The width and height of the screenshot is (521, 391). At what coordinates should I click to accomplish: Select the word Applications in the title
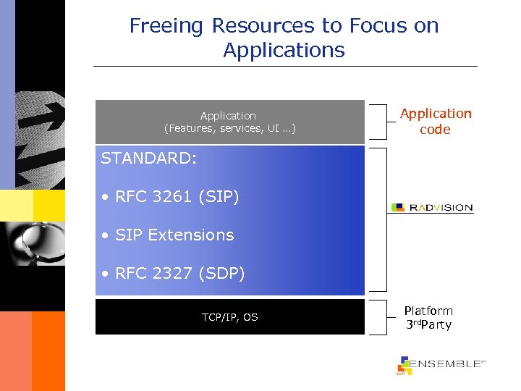(x=284, y=51)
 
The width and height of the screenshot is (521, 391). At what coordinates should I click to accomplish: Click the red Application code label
(x=436, y=122)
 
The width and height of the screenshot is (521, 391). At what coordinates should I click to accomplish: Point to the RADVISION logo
(x=432, y=208)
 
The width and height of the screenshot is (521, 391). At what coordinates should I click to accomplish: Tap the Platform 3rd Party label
(x=428, y=318)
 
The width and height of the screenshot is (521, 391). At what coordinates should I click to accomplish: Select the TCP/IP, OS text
(x=230, y=317)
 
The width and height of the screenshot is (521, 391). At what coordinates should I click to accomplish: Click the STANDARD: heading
(x=148, y=159)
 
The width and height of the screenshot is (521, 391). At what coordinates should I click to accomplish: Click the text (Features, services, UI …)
(x=229, y=128)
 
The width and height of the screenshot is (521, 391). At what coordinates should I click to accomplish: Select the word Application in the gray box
(x=228, y=116)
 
